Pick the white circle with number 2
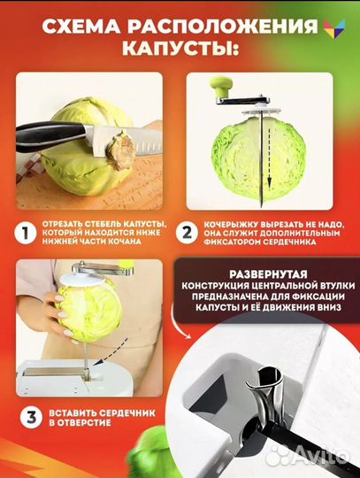click(x=188, y=234)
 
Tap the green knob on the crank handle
click(x=218, y=89)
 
